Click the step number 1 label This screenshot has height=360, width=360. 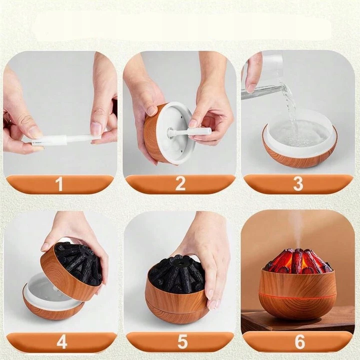click(x=59, y=184)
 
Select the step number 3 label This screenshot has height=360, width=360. click(x=298, y=184)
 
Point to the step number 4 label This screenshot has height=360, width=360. click(x=62, y=341)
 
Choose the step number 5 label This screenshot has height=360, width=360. click(x=182, y=341)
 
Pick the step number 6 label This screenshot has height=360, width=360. click(x=300, y=341)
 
